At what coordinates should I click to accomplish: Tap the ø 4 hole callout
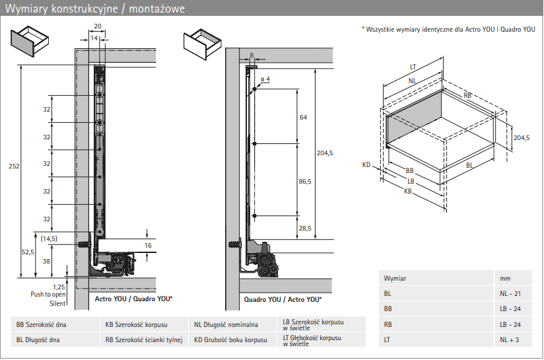[265, 79]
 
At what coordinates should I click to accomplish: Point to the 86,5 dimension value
[305, 180]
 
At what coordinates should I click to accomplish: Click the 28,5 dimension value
[305, 227]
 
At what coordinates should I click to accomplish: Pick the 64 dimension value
[303, 118]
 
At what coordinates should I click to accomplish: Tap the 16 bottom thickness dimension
[148, 245]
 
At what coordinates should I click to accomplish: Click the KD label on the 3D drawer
[366, 164]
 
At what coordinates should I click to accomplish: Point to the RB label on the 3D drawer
[467, 96]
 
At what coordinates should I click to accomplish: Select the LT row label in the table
[388, 340]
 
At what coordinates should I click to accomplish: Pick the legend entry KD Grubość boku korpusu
[230, 340]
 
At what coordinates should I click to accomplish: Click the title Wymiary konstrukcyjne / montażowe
[95, 9]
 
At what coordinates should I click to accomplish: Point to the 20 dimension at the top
[98, 26]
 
